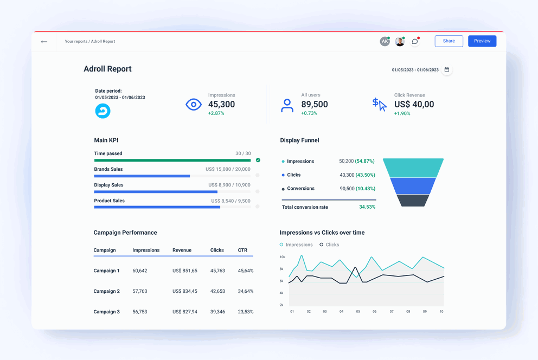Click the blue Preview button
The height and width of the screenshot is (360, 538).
coord(482,41)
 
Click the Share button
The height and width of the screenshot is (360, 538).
coord(449,41)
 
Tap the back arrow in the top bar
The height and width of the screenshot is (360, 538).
coord(44,42)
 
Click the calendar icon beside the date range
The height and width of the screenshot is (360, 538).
coord(447,70)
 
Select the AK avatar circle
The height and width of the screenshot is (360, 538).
coord(385,41)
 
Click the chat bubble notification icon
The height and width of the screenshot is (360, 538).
coord(415,41)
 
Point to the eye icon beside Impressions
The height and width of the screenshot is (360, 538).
coord(194,105)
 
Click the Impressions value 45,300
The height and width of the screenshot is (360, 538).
coord(221,105)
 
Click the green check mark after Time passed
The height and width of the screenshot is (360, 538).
coord(258,160)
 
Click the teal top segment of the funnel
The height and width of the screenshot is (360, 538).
coord(413,168)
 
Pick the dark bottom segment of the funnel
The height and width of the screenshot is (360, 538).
coord(413,200)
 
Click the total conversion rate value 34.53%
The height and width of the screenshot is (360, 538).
coord(367,207)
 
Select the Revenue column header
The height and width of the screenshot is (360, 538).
coord(182,250)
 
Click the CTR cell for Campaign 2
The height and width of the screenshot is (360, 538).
coord(245,292)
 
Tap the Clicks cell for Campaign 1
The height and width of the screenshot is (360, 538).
coord(217,271)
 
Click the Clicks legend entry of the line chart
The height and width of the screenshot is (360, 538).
coord(329,245)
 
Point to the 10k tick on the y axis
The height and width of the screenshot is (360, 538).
coord(282,257)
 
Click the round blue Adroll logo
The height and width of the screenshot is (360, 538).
coord(103,111)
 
